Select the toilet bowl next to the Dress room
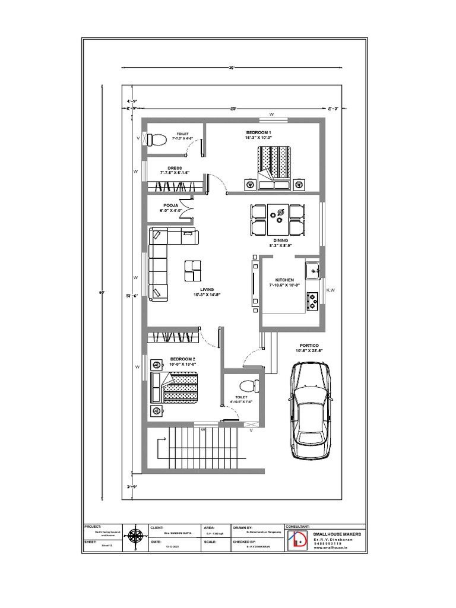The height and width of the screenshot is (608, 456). [156, 140]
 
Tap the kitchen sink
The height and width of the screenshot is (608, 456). [312, 271]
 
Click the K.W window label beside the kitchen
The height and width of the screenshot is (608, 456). [331, 290]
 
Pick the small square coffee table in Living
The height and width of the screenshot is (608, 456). [193, 270]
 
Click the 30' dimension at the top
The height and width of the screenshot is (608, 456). [232, 67]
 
